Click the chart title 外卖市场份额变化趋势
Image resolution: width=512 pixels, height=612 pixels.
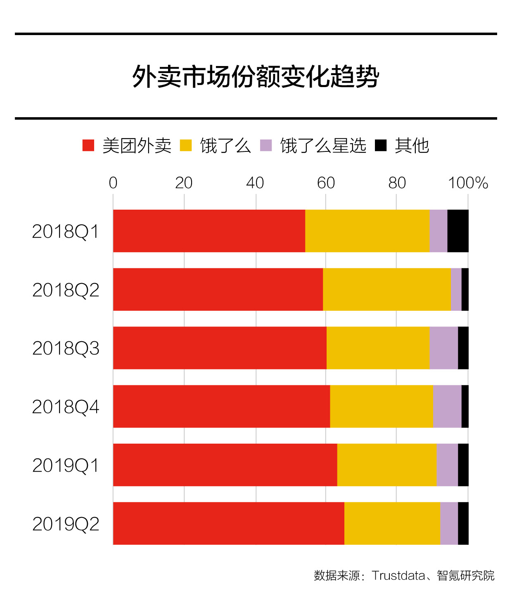[256, 76]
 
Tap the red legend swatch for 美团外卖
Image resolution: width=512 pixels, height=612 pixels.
[88, 145]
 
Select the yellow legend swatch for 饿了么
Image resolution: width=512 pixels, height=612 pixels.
[186, 145]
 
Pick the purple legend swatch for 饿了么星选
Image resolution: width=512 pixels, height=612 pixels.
[266, 145]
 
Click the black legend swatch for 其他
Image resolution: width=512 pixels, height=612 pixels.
[381, 145]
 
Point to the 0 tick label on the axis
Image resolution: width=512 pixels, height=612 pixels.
[113, 182]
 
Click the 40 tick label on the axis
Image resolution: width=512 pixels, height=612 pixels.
[255, 182]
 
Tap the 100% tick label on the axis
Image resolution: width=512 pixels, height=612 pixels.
[468, 182]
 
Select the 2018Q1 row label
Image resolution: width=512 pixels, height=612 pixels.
[65, 232]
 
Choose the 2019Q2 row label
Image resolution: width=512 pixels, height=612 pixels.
[66, 524]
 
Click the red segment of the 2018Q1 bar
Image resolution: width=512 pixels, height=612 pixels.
[209, 231]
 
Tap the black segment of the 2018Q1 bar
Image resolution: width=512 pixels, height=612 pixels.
[458, 231]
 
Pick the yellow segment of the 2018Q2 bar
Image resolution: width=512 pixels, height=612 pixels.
[387, 289]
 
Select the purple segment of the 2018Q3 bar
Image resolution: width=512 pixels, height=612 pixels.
[444, 348]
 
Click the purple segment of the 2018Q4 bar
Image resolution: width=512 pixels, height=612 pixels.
[447, 406]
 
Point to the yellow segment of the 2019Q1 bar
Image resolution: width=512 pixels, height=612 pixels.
[387, 465]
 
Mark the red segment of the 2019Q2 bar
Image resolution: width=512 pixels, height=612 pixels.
[229, 524]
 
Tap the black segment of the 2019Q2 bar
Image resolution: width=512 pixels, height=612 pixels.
[463, 524]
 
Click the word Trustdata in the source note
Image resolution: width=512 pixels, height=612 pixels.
[398, 575]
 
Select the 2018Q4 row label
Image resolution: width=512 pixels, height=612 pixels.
[66, 407]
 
